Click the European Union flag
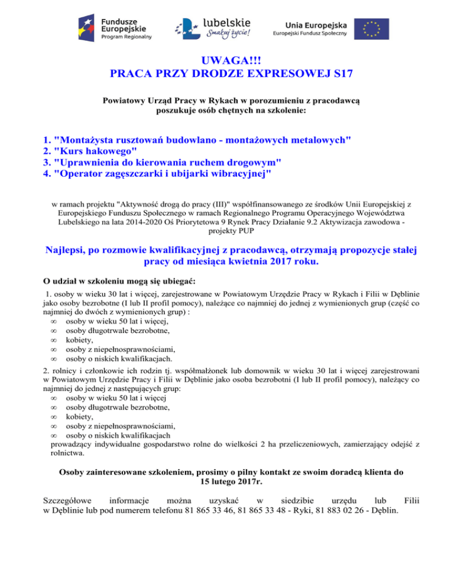click(x=372, y=28)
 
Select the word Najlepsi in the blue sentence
click(x=69, y=249)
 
